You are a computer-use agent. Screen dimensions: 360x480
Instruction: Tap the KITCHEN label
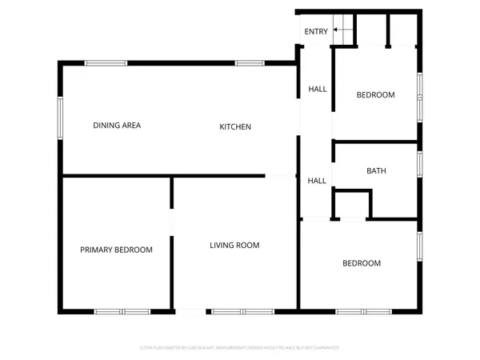point(235,126)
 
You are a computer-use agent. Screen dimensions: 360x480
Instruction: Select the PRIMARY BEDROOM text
point(116,250)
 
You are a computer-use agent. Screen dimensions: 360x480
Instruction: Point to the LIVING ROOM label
point(234,245)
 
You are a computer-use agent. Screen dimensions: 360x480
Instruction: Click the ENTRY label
point(315,31)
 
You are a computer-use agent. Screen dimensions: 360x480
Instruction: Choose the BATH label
point(376,170)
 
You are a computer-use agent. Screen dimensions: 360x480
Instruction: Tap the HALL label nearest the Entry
point(317,89)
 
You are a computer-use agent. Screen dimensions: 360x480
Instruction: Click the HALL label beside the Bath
point(317,181)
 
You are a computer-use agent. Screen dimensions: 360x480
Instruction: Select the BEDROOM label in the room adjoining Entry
point(375,95)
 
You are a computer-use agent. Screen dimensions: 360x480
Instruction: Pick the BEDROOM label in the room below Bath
point(362,263)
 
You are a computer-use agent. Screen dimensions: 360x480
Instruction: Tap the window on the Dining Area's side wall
point(59,118)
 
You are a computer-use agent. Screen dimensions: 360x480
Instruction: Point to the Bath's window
point(418,163)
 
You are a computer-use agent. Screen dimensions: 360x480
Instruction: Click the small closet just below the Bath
point(351,205)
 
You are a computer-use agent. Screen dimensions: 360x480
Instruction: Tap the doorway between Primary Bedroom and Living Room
point(171,222)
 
